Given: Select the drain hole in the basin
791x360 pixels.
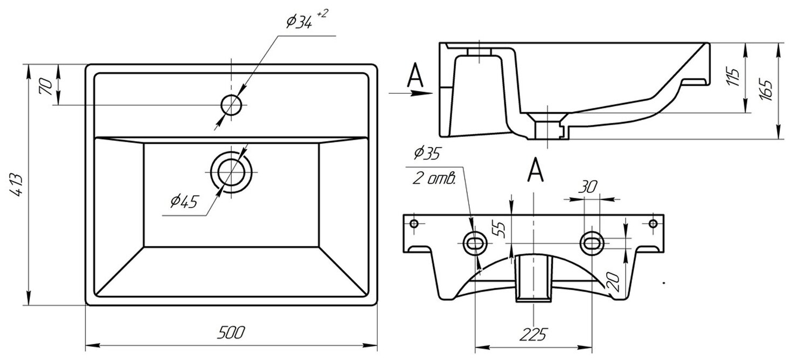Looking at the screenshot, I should tap(231, 172).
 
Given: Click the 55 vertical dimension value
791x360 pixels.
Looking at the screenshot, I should tap(501, 229).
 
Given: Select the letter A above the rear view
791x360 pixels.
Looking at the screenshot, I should tap(534, 170).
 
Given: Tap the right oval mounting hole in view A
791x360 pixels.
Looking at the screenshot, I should tap(592, 243).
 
